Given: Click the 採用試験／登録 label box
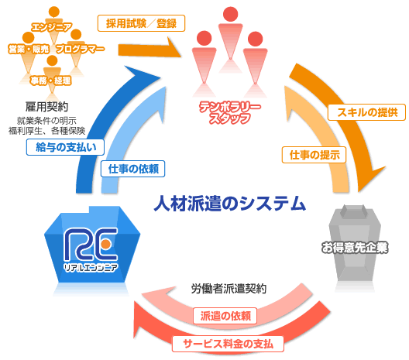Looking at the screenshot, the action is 141,23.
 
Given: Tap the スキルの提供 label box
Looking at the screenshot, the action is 366,112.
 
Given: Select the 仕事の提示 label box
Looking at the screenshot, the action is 314,155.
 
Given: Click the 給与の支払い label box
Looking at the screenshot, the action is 66,147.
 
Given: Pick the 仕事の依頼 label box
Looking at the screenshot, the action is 133,169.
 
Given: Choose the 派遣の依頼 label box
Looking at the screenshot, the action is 225,316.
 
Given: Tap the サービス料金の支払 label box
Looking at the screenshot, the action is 228,344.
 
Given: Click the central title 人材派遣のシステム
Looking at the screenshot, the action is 229,204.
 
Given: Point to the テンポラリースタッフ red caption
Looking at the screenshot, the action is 230,112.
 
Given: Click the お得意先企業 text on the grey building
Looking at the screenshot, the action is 355,248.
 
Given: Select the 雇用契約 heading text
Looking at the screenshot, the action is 46,107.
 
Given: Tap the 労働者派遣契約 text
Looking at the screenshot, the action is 229,289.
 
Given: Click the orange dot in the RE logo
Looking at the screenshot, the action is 105,244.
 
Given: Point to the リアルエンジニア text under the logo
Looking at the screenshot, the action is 91,267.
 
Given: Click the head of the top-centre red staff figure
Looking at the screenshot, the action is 231,14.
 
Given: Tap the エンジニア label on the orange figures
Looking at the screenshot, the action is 51,27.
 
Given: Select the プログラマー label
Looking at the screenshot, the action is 80,49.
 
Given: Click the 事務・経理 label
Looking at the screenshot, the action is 50,81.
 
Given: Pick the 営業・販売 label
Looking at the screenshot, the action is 29,49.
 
